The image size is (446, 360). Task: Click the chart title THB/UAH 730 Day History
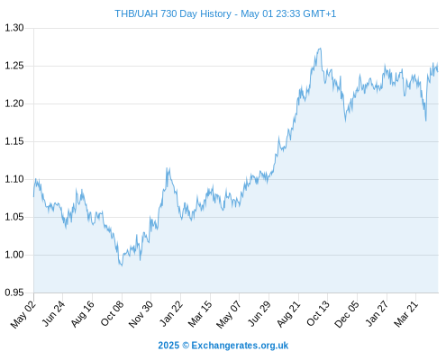tap(173, 13)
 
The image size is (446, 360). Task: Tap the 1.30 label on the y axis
tap(14, 28)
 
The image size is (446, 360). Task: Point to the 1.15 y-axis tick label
tap(14, 141)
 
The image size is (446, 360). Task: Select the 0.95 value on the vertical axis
tap(14, 292)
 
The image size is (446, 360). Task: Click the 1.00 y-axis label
tap(14, 255)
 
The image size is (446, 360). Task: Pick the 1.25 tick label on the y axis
tap(14, 66)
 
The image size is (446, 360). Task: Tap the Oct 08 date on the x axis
tap(112, 313)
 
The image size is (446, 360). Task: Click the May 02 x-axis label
tap(23, 314)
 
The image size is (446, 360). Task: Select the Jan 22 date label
tap(171, 313)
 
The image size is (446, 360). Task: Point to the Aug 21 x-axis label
tap(288, 314)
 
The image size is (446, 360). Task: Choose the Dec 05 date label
tap(347, 314)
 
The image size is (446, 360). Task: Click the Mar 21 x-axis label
tap(406, 314)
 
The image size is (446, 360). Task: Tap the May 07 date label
tap(229, 314)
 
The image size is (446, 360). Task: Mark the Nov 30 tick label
tap(141, 314)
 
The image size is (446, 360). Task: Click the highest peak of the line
tap(321, 48)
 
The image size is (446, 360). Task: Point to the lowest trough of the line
tap(122, 265)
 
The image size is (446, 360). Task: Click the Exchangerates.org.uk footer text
tap(240, 346)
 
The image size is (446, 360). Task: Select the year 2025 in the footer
tap(168, 346)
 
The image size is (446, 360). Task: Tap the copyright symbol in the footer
tap(186, 346)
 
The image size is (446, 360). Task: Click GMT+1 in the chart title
tap(320, 13)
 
